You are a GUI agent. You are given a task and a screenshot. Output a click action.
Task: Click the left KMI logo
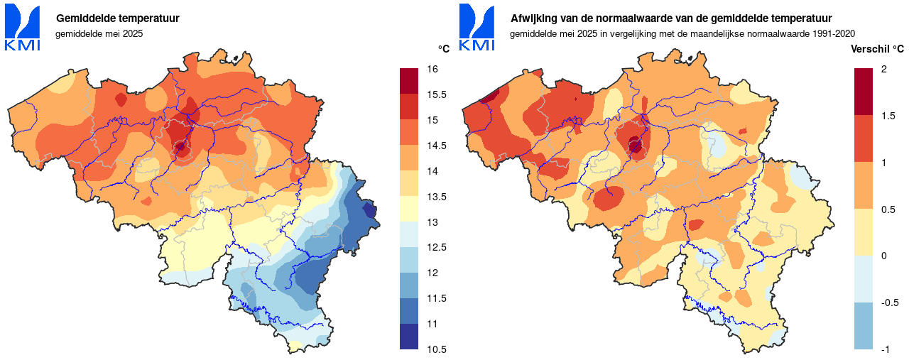coord(22,28)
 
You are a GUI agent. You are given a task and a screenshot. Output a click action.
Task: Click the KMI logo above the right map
coord(477,28)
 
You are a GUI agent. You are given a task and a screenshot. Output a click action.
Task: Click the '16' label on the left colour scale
coord(432,69)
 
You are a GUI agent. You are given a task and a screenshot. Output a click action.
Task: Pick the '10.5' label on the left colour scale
coord(436,349)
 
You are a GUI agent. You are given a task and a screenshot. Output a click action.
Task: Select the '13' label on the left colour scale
coord(432,222)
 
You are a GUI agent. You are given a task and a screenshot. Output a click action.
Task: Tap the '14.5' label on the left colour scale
coord(436,146)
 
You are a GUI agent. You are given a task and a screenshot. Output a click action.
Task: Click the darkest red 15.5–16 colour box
coord(410,81)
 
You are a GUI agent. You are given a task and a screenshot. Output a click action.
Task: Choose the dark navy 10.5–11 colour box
coord(410,337)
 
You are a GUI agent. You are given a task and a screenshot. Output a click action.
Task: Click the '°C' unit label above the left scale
coord(444,49)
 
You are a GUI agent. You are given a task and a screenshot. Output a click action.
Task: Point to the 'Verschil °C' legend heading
coord(877,49)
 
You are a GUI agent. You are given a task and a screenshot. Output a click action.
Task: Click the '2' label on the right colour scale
coord(883,69)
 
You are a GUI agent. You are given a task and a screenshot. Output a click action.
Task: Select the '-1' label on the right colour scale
coord(885,349)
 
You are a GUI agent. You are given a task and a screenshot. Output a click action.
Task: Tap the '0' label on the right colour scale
coord(883,256)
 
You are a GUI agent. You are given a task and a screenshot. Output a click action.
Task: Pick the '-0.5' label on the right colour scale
coord(889,302)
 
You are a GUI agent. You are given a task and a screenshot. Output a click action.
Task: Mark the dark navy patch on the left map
coord(369,209)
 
